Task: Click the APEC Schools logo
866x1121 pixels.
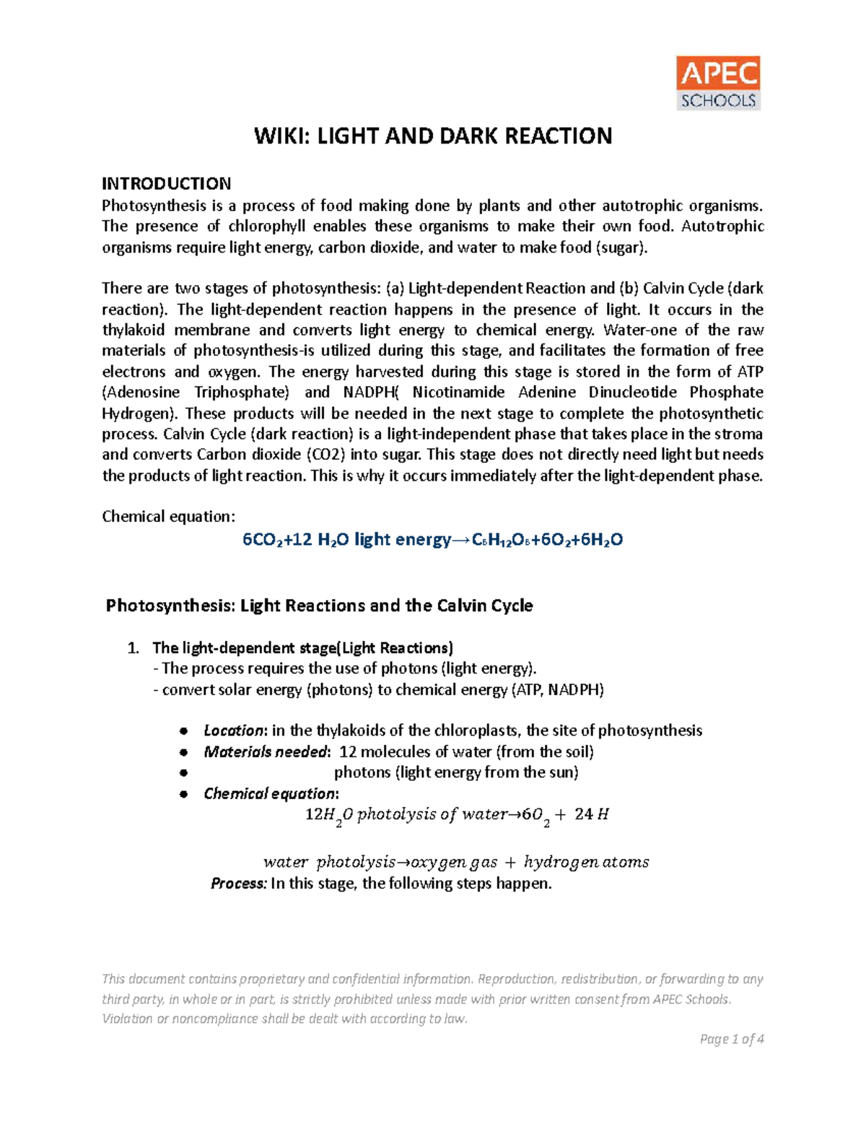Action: click(718, 83)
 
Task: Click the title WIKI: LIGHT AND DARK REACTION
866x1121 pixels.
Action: click(433, 136)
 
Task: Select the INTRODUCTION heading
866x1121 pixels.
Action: click(166, 183)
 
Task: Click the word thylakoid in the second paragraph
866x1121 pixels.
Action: click(134, 330)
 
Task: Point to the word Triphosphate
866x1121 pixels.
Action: click(241, 392)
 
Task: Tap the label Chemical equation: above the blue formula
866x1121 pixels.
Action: click(168, 516)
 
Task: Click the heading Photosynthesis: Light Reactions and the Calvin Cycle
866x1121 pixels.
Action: click(319, 605)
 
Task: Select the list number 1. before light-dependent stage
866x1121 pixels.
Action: click(133, 647)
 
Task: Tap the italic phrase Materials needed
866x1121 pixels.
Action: click(266, 751)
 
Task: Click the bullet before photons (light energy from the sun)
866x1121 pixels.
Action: click(184, 772)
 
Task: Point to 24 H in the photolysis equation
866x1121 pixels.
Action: click(592, 814)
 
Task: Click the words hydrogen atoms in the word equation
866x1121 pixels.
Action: click(586, 862)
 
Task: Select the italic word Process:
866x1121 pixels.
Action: click(239, 884)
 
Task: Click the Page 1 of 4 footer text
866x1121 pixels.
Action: click(731, 1039)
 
